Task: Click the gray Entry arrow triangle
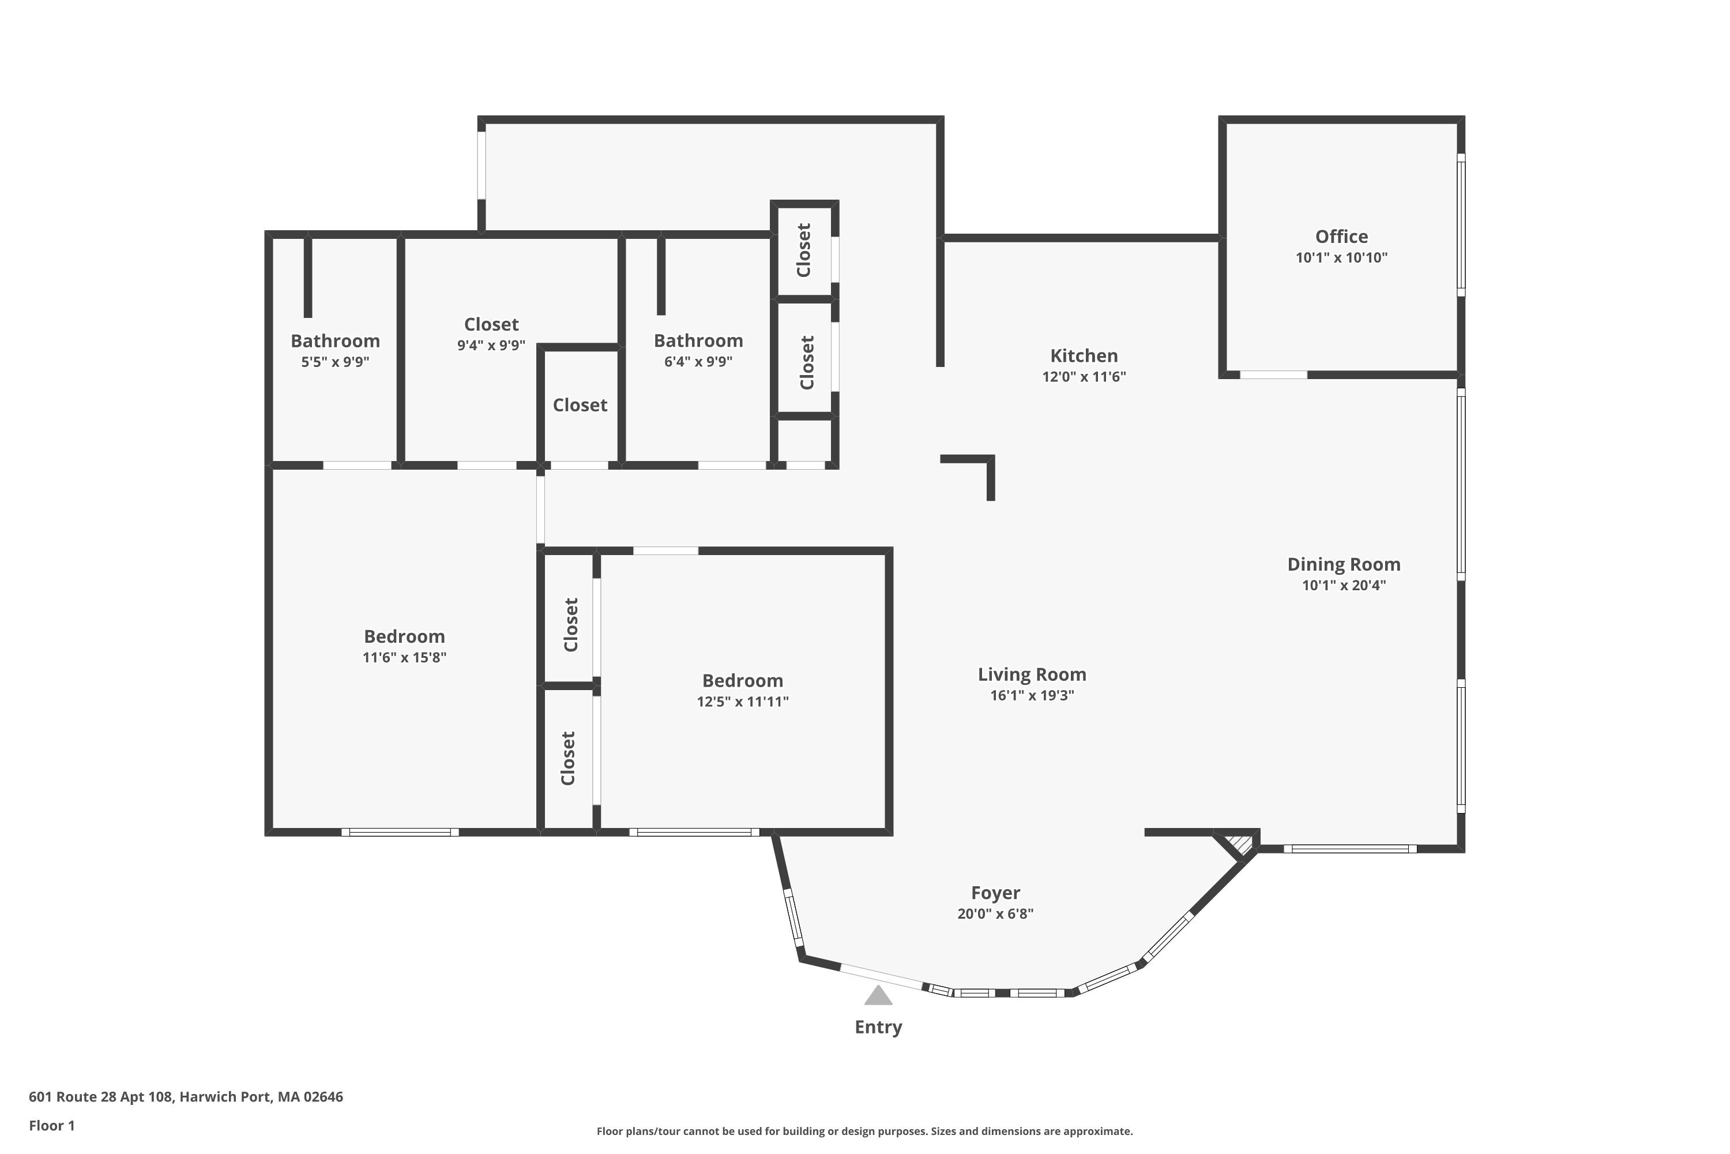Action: coord(878,996)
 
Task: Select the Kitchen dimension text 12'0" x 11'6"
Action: coord(1084,377)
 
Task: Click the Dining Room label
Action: coord(1343,564)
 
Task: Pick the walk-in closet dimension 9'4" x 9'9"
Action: coord(491,345)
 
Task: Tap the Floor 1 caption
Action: coord(51,1125)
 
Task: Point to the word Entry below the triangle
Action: coord(878,1028)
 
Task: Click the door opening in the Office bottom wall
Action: coord(1273,374)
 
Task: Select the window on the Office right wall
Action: coord(1461,224)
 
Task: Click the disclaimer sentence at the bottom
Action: coord(864,1131)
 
